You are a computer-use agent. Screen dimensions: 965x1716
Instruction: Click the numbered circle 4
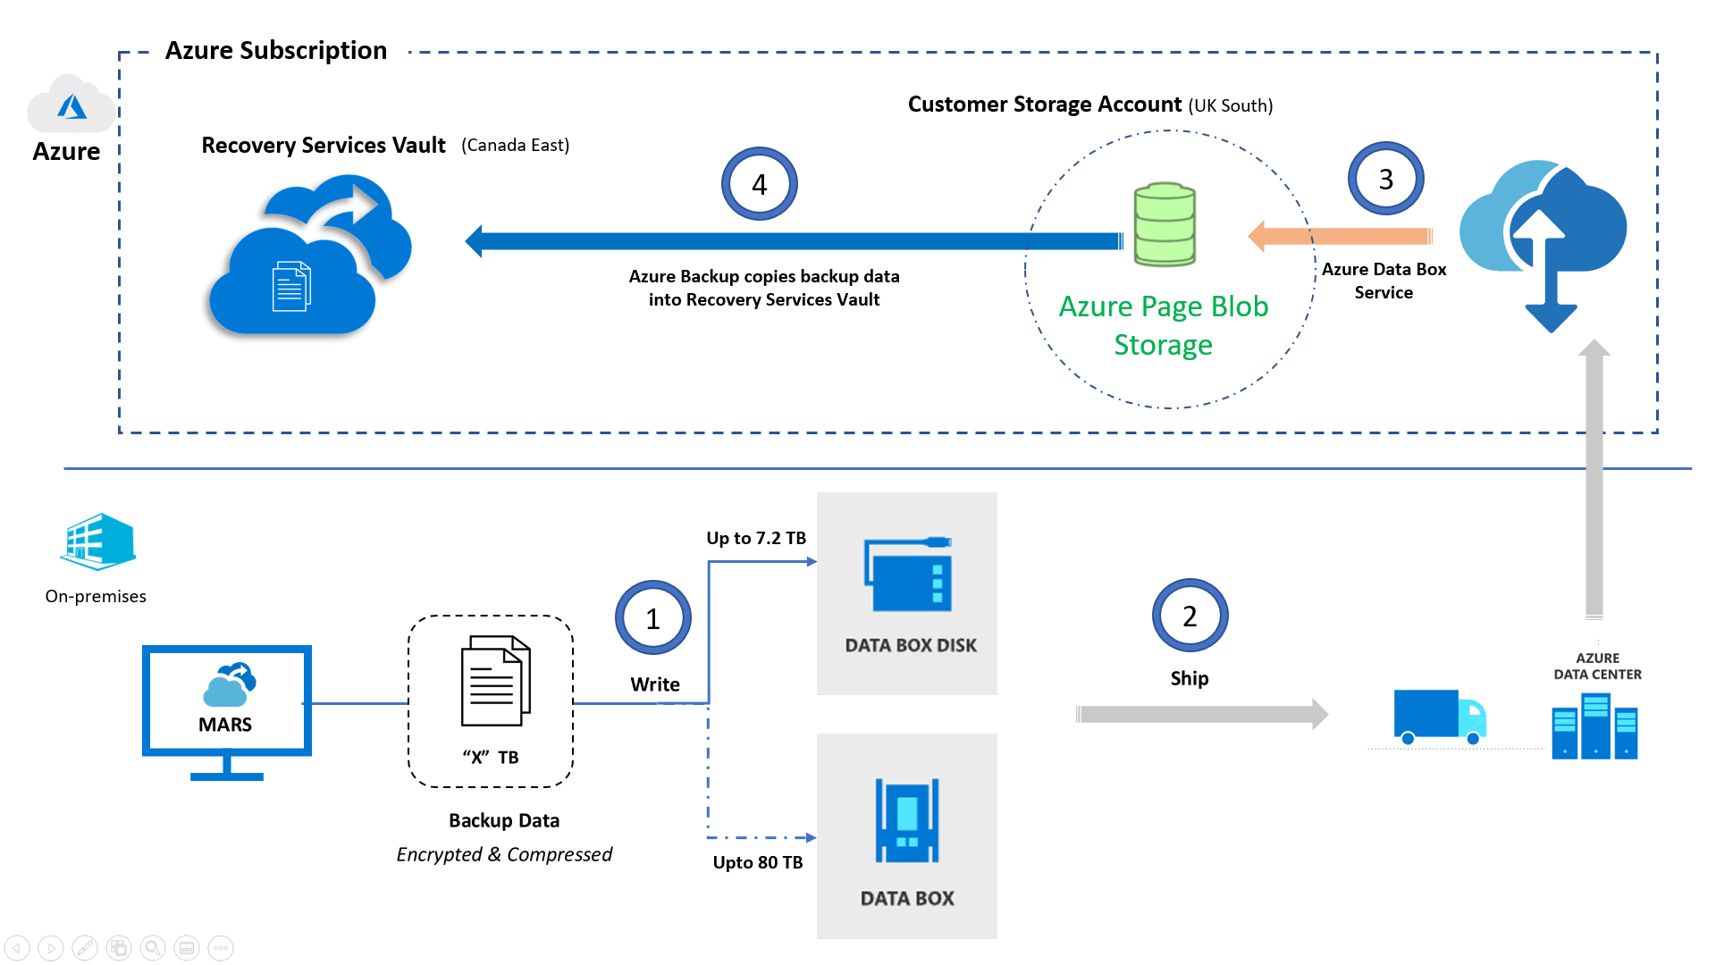click(x=759, y=184)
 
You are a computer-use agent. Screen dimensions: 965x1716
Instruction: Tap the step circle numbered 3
click(x=1385, y=179)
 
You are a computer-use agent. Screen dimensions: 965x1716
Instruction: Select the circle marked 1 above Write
click(x=652, y=618)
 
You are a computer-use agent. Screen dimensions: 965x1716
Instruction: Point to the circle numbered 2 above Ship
click(x=1190, y=616)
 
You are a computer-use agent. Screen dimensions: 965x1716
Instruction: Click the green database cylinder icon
click(x=1165, y=224)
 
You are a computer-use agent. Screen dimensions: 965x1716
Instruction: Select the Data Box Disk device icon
click(x=908, y=575)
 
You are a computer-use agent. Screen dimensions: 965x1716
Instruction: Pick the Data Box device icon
click(x=907, y=820)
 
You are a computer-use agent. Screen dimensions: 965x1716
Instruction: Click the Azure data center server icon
click(x=1595, y=726)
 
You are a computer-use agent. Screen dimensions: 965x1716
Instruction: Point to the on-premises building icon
click(x=98, y=541)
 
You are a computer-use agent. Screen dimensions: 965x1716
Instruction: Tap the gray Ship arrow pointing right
click(x=1201, y=714)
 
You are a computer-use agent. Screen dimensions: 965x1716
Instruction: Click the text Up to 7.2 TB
click(x=756, y=538)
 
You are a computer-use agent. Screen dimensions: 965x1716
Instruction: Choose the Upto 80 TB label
click(x=757, y=862)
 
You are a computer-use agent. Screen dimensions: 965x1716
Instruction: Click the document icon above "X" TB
click(x=495, y=681)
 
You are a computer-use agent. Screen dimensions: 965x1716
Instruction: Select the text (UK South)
click(x=1230, y=105)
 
